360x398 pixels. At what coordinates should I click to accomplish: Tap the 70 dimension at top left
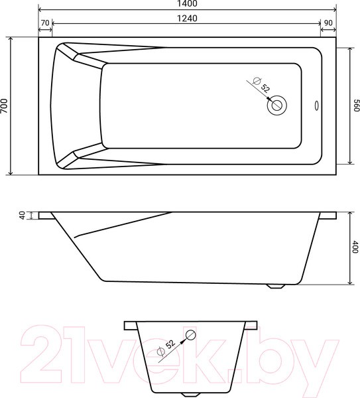click(45, 23)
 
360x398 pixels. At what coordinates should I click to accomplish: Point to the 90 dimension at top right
click(328, 23)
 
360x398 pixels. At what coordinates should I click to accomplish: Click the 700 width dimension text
click(5, 106)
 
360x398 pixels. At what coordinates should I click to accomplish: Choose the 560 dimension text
click(355, 106)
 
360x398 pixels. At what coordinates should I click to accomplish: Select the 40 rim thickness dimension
click(22, 216)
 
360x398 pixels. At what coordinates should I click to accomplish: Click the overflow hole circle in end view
click(191, 334)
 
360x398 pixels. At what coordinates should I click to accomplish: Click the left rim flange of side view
click(46, 216)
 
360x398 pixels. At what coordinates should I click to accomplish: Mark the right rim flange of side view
click(328, 216)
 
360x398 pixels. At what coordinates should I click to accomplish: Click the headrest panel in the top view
click(76, 106)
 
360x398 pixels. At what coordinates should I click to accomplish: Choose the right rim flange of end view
click(251, 325)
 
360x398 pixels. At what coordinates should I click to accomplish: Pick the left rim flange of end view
click(130, 325)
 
